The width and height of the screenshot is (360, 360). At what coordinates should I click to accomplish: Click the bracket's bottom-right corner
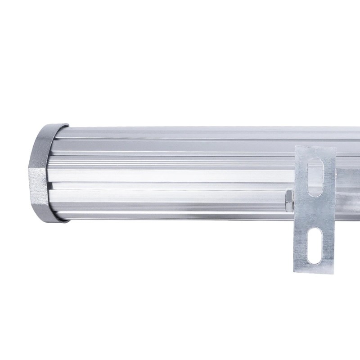334,269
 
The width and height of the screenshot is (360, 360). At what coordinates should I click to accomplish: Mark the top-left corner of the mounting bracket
296,147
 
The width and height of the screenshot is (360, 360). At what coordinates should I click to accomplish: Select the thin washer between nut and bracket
293,200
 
